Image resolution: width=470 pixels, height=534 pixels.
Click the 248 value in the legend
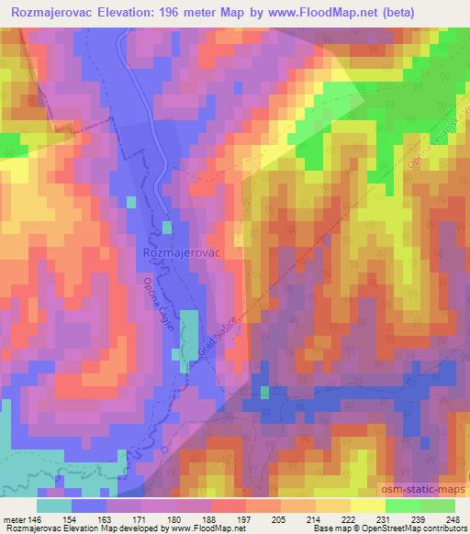453,519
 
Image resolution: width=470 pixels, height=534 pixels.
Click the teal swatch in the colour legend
54,506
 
